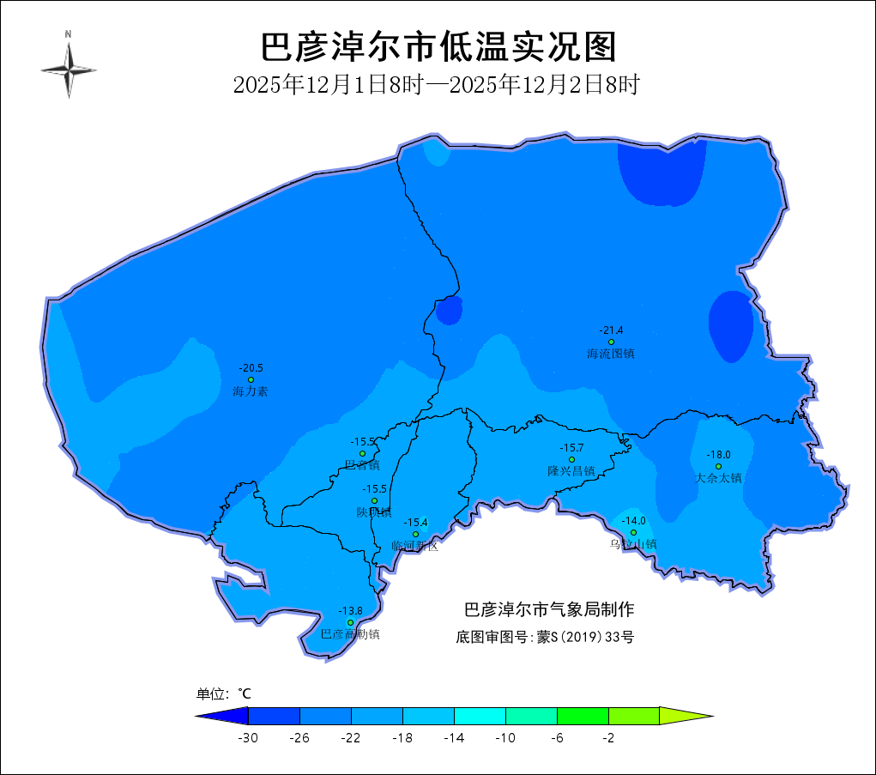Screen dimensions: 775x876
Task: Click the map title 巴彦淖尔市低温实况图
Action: click(x=438, y=47)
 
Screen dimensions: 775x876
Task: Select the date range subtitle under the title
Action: click(x=438, y=85)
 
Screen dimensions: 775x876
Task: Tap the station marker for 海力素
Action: click(x=251, y=379)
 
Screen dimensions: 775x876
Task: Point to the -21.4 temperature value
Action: click(x=611, y=330)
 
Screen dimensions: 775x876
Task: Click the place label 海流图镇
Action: click(x=611, y=354)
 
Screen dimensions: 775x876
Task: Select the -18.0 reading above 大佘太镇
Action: click(x=718, y=455)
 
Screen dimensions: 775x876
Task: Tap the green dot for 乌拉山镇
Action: click(x=634, y=532)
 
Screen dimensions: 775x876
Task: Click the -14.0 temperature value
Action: click(x=634, y=521)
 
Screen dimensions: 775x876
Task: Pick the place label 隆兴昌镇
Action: click(x=571, y=471)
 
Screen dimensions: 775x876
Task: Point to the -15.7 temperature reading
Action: click(x=571, y=448)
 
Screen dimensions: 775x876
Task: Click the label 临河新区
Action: click(x=415, y=546)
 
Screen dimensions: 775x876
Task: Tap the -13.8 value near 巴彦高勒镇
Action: click(x=350, y=611)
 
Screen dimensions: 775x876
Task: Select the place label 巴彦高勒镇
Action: click(x=350, y=634)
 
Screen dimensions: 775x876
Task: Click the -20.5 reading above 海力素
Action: click(x=251, y=368)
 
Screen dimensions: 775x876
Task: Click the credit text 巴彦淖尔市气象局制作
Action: click(x=549, y=610)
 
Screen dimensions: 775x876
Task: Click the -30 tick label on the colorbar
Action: click(x=248, y=738)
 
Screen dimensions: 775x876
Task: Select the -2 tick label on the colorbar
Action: click(x=608, y=738)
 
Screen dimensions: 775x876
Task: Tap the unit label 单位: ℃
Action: click(x=224, y=693)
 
